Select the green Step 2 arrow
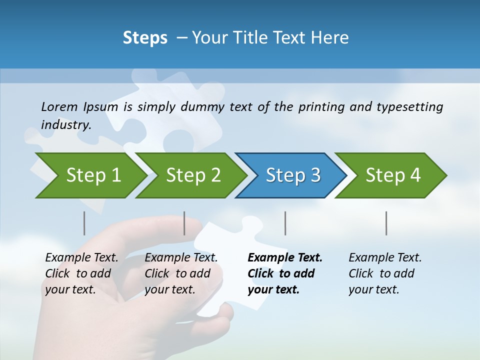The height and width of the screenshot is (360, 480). click(x=193, y=175)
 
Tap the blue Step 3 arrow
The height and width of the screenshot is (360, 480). click(x=293, y=175)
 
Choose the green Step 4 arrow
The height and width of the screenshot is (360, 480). click(x=393, y=175)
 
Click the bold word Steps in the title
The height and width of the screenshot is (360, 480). click(x=145, y=38)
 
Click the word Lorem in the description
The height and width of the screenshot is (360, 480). click(x=59, y=107)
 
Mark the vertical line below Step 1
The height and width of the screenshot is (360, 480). click(x=84, y=223)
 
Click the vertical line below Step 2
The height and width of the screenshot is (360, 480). click(x=184, y=223)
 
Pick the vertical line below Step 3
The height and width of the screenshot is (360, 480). click(x=285, y=223)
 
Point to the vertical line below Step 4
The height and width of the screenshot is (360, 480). click(x=386, y=223)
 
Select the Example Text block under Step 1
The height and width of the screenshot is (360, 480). click(x=81, y=273)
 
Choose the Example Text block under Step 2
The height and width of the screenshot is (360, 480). click(x=181, y=273)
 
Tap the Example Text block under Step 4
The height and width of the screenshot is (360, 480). click(x=385, y=273)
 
